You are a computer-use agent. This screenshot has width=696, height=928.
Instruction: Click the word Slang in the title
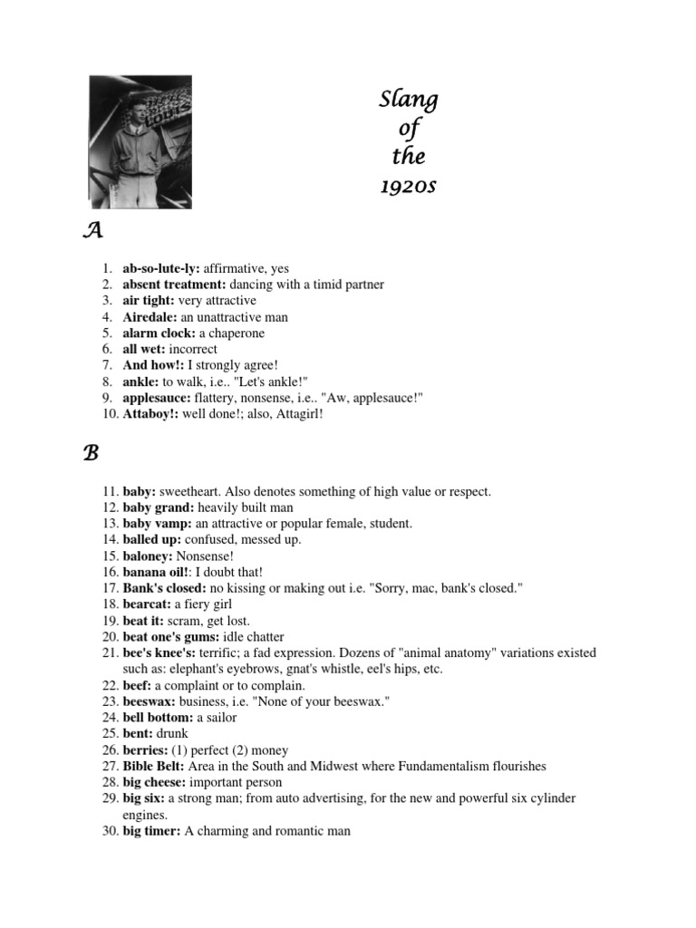pos(408,100)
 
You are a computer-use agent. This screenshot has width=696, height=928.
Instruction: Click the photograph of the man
pos(140,141)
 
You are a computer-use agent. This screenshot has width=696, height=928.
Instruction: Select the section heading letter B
pos(91,454)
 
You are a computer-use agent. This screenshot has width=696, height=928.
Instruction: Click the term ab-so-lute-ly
pos(161,268)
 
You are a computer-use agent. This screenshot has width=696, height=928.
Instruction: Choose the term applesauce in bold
pos(156,397)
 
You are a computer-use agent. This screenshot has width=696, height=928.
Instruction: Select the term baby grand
pos(157,507)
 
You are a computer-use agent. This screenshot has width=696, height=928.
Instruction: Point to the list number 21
pos(109,652)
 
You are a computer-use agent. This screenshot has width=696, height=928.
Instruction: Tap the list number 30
pos(109,831)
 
